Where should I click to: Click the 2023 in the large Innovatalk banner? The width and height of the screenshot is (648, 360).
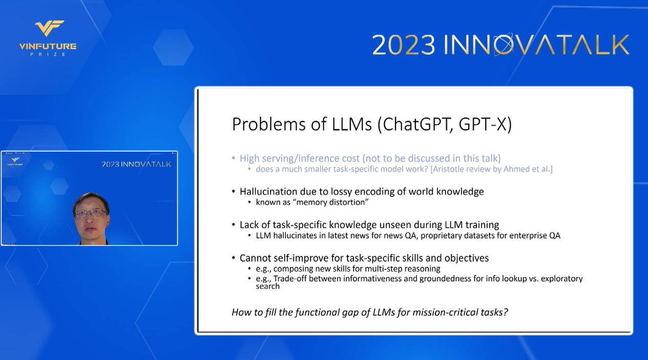[403, 45]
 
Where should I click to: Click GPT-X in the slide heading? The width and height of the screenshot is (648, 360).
[485, 124]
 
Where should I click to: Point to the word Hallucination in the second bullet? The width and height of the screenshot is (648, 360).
[268, 192]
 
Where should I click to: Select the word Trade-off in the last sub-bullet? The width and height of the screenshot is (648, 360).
[290, 279]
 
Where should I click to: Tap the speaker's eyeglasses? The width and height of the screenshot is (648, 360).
[91, 214]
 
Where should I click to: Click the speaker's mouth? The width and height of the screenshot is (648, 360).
[91, 229]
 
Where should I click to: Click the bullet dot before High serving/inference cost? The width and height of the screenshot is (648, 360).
[234, 158]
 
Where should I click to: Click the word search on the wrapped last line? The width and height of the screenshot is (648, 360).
[267, 287]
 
